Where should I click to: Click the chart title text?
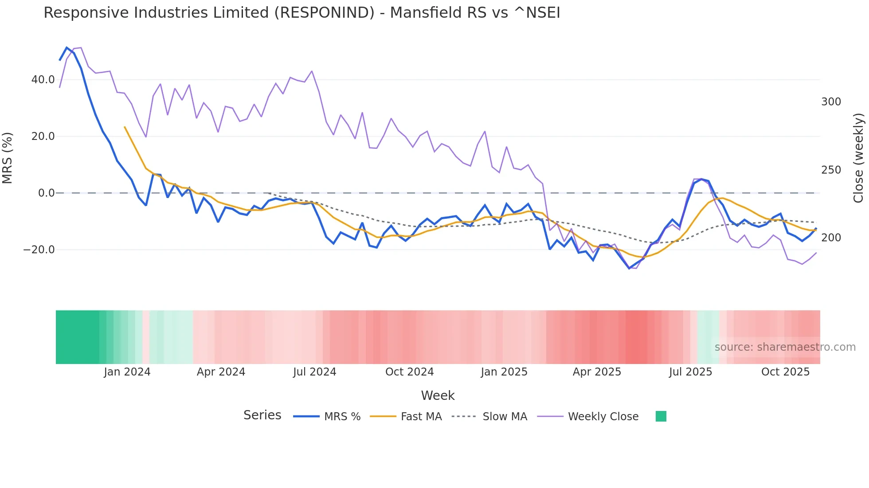click(301, 13)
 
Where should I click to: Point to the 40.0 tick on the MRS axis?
click(43, 80)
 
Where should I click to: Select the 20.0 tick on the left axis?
click(43, 136)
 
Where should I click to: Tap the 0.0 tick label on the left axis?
click(46, 193)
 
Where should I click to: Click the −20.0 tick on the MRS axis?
click(39, 250)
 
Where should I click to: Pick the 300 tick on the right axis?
click(831, 102)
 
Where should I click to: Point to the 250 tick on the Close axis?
click(831, 170)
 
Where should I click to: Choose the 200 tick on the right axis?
click(831, 238)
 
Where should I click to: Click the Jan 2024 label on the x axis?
click(127, 372)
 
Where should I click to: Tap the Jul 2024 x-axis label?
click(314, 372)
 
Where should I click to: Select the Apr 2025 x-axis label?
click(597, 372)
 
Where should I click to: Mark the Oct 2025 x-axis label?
click(785, 372)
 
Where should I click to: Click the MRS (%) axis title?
click(8, 158)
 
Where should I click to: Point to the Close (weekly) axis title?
click(858, 158)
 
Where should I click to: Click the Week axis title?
click(438, 395)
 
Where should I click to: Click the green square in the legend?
click(661, 416)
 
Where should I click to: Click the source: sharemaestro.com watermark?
click(785, 347)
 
